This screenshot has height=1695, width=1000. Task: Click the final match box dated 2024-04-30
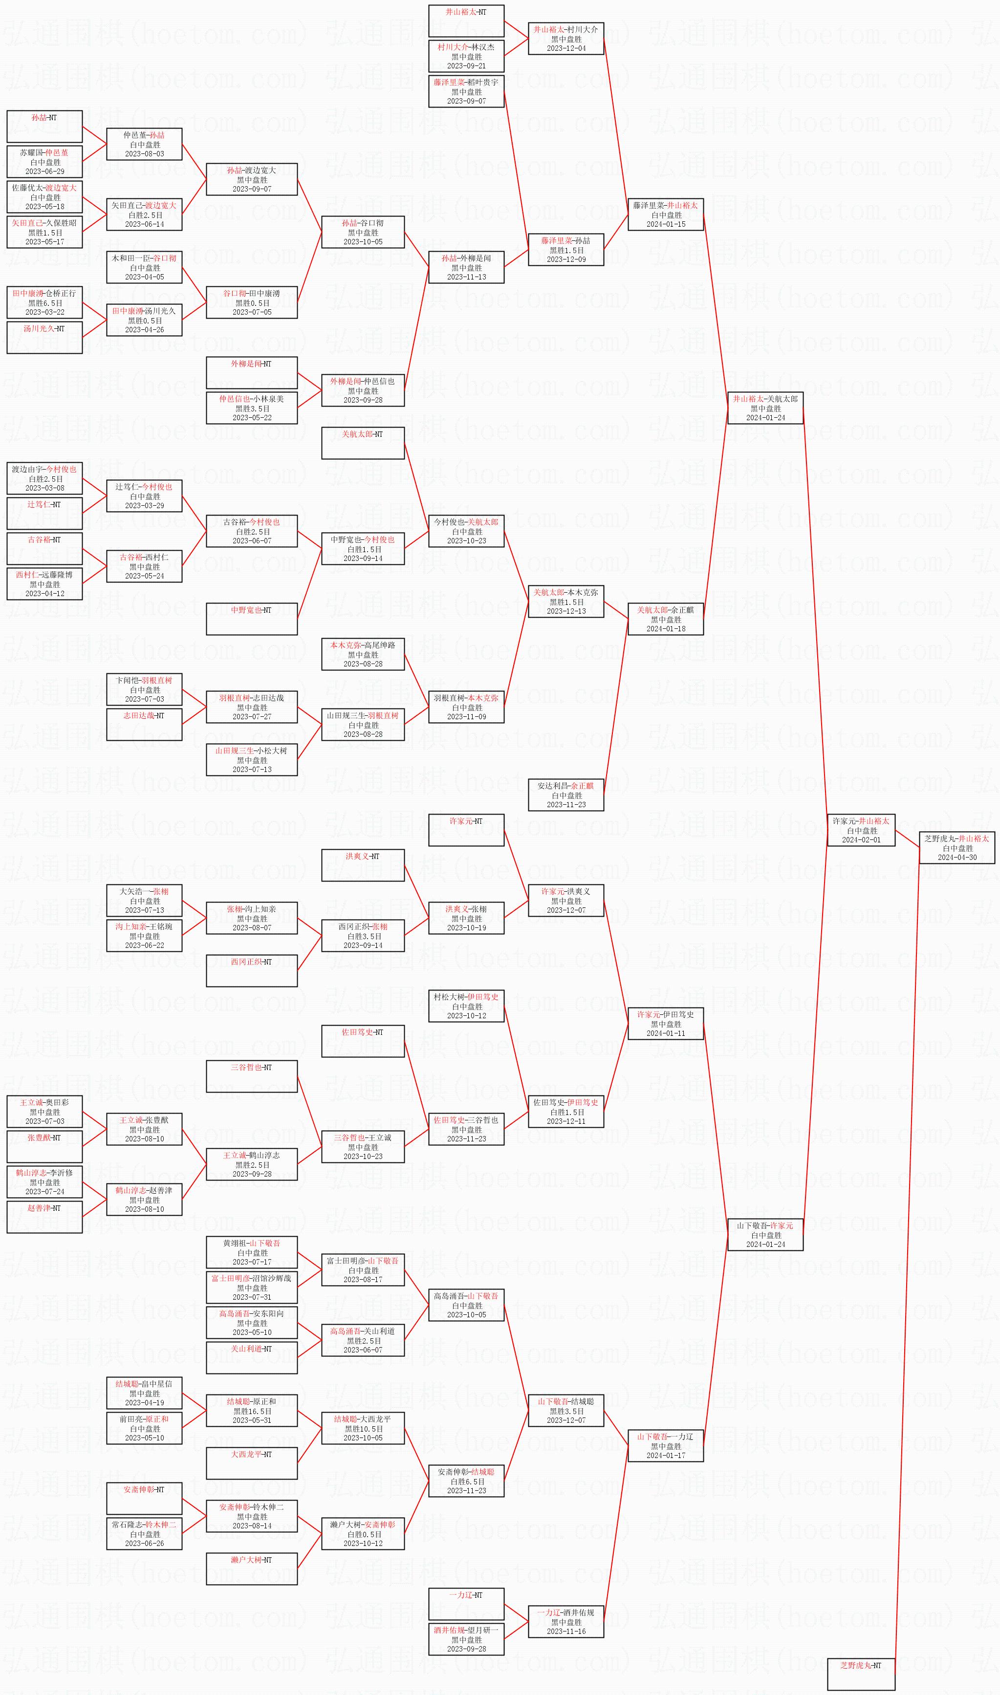[957, 847]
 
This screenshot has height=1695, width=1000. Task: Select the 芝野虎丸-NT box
[861, 1674]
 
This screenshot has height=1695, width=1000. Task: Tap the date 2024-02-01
[861, 839]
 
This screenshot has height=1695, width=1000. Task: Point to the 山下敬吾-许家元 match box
[765, 1234]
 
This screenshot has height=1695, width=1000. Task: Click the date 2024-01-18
[666, 628]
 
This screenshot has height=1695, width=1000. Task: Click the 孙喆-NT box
[44, 126]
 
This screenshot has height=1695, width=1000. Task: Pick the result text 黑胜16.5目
[252, 1411]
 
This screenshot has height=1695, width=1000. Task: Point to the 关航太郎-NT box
[363, 443]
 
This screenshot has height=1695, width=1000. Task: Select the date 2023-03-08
[44, 488]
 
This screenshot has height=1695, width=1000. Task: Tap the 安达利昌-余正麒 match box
[566, 794]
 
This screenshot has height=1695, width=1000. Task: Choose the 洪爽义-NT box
[363, 865]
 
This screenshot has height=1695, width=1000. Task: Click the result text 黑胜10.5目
[363, 1428]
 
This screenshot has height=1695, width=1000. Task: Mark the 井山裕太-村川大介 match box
[566, 39]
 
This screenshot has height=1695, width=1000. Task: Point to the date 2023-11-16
[566, 1631]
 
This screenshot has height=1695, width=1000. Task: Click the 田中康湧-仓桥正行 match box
[44, 302]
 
